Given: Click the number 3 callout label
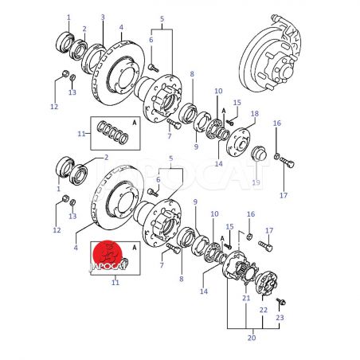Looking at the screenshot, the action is click(x=103, y=18).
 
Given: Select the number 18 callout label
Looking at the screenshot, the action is click(x=255, y=114).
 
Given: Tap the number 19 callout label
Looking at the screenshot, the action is click(x=256, y=182).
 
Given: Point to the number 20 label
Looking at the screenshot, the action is click(x=252, y=338).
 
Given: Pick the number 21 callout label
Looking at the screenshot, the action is click(x=246, y=298).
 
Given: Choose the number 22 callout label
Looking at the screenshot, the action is click(x=264, y=310).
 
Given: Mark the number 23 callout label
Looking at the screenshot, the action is click(x=280, y=318).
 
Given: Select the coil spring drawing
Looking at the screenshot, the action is click(x=112, y=133).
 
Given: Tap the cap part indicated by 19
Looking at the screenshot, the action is click(x=257, y=153).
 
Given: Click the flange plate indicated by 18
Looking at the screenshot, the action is click(x=238, y=142).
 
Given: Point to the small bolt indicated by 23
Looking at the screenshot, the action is click(x=281, y=302).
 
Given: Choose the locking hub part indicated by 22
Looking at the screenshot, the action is click(x=266, y=283).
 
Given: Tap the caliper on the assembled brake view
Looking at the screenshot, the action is click(x=288, y=34).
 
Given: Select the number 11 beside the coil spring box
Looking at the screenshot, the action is click(x=81, y=134).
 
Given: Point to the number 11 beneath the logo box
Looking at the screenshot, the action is click(x=115, y=282).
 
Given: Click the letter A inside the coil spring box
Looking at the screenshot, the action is click(x=135, y=123).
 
